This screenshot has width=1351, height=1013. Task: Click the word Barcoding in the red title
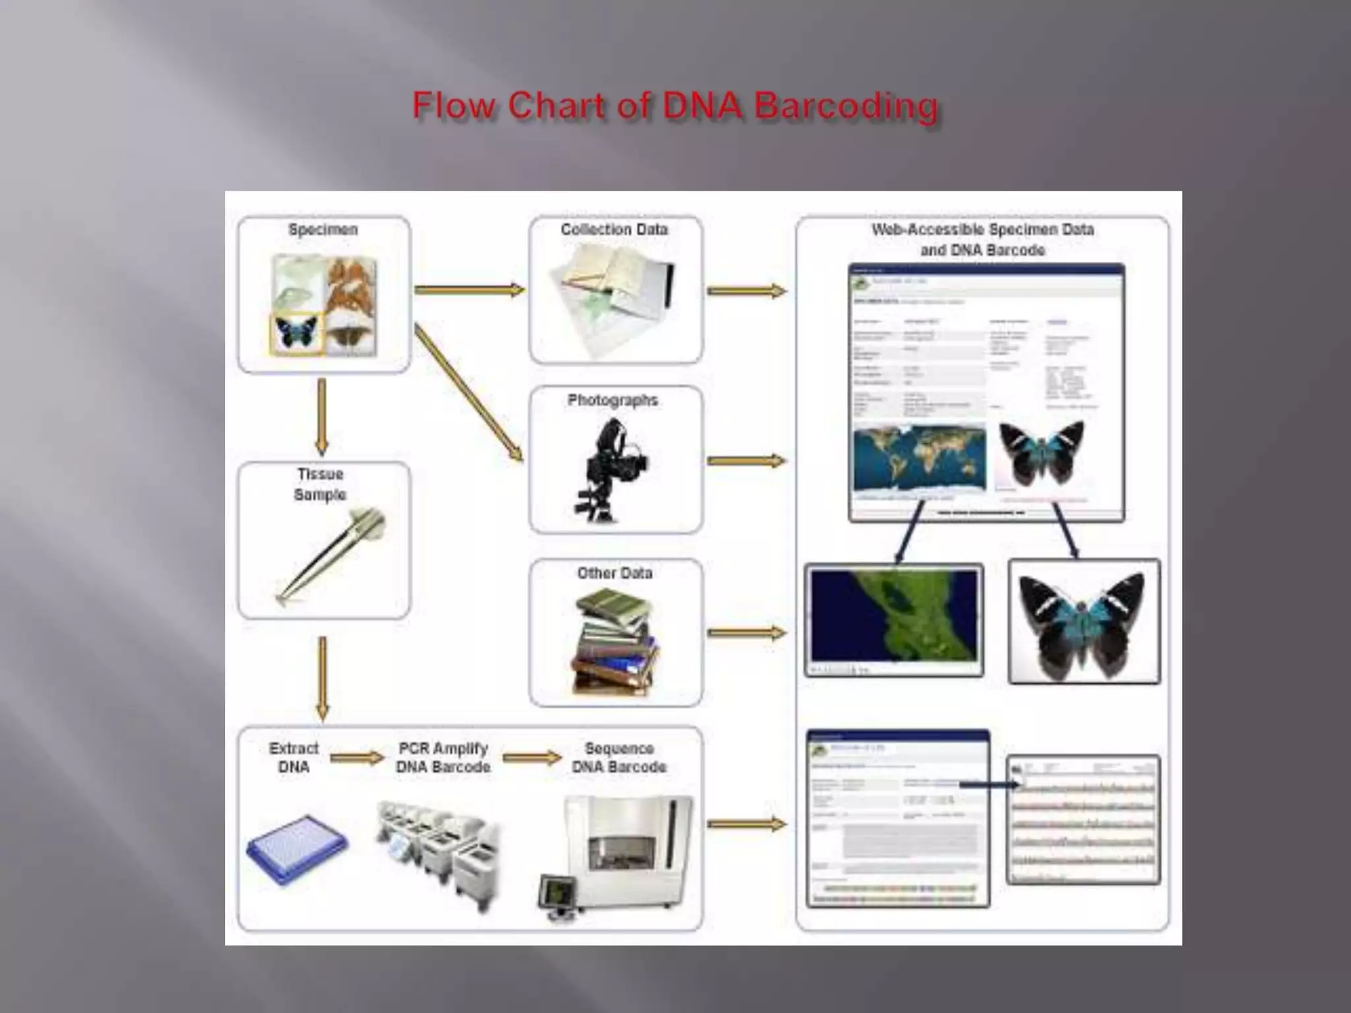point(846,107)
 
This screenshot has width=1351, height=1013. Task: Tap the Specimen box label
point(323,230)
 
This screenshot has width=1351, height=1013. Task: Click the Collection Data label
point(614,230)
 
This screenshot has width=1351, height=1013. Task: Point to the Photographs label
point(613,400)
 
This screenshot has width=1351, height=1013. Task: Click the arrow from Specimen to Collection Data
point(469,289)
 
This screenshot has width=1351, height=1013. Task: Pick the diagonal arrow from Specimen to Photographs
point(468,392)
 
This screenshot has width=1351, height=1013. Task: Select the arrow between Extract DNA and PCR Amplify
point(356,758)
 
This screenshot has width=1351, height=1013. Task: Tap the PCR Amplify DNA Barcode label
point(443,758)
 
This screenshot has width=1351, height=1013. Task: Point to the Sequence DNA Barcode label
point(619,758)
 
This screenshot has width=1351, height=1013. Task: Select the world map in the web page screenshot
point(919,459)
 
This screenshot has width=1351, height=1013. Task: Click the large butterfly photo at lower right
point(1084,621)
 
